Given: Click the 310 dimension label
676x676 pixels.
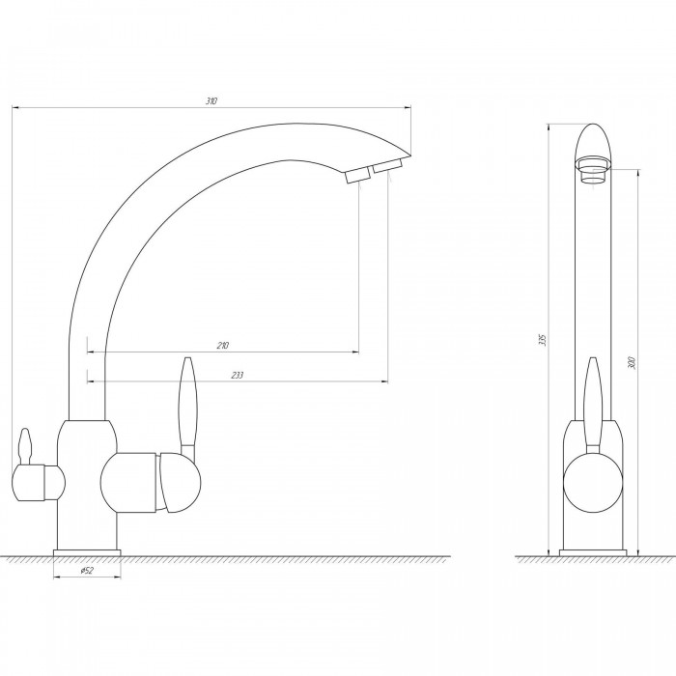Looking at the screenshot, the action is [x=211, y=101].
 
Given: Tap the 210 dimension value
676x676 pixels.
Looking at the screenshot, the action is [x=223, y=346].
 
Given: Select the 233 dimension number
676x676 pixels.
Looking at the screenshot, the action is [x=238, y=375].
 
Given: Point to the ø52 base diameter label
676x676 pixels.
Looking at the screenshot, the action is [x=87, y=571].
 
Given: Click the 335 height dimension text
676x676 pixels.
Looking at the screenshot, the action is [x=543, y=340].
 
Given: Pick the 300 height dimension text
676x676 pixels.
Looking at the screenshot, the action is [x=632, y=362].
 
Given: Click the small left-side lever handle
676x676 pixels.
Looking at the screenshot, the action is [x=25, y=446].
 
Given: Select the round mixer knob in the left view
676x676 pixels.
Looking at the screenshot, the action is [x=179, y=483].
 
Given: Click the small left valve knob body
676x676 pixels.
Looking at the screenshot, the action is [x=38, y=483].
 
